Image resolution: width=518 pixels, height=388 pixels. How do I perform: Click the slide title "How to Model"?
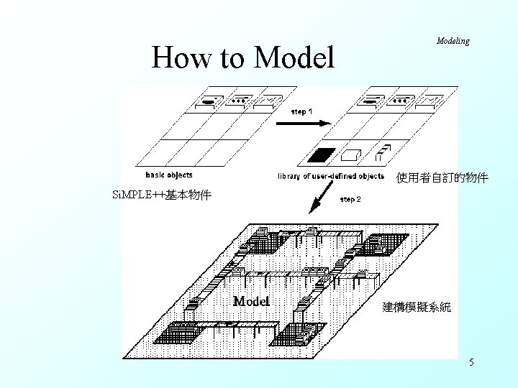click(x=243, y=57)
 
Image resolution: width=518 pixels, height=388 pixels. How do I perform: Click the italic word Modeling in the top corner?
click(x=453, y=41)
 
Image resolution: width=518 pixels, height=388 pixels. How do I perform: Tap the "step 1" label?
click(x=301, y=111)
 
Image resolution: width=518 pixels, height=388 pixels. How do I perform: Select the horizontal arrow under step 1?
click(x=301, y=123)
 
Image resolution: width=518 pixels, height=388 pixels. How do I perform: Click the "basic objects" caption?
click(x=169, y=175)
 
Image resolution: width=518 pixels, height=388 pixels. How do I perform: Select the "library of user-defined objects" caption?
click(x=331, y=176)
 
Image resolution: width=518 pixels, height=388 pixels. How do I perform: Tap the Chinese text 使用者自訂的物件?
click(x=442, y=177)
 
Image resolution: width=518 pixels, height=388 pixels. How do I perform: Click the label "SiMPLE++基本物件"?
click(x=162, y=195)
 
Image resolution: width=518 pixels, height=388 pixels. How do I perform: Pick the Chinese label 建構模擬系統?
click(x=417, y=307)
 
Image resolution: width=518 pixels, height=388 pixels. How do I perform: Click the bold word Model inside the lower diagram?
click(x=251, y=301)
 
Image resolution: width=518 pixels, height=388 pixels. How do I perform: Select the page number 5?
click(x=471, y=363)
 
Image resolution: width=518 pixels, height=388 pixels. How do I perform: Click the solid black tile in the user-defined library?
click(x=321, y=154)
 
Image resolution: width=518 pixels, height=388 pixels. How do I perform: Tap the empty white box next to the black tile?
click(x=350, y=154)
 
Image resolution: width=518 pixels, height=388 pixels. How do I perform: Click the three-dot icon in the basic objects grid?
click(x=237, y=101)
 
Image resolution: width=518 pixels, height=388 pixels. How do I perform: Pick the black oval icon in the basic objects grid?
click(x=208, y=102)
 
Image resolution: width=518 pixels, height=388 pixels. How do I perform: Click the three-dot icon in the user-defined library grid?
click(x=399, y=101)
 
